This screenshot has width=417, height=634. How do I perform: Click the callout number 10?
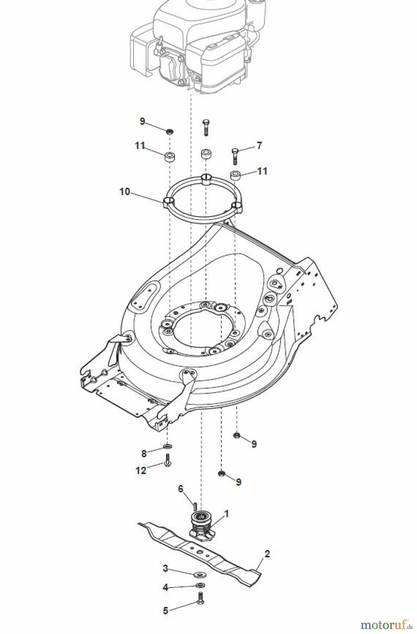tap(125, 192)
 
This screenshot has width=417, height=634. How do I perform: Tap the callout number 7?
tap(259, 145)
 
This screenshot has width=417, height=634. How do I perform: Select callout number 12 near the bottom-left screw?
tap(140, 470)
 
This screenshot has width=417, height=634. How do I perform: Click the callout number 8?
tap(144, 454)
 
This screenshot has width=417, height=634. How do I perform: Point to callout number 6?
tap(181, 489)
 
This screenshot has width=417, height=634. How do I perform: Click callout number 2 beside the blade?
tap(267, 554)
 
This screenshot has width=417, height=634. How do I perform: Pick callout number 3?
tap(165, 568)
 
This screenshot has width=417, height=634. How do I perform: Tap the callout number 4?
tap(165, 587)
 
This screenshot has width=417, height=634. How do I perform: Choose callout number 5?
tap(166, 610)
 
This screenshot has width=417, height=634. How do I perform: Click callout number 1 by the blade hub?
tap(226, 514)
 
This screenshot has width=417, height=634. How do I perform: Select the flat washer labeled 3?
tap(200, 575)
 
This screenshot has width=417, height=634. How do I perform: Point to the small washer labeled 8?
tap(168, 447)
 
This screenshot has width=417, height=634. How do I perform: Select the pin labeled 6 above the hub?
tap(194, 505)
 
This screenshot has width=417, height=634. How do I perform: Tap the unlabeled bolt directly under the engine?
tap(206, 127)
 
